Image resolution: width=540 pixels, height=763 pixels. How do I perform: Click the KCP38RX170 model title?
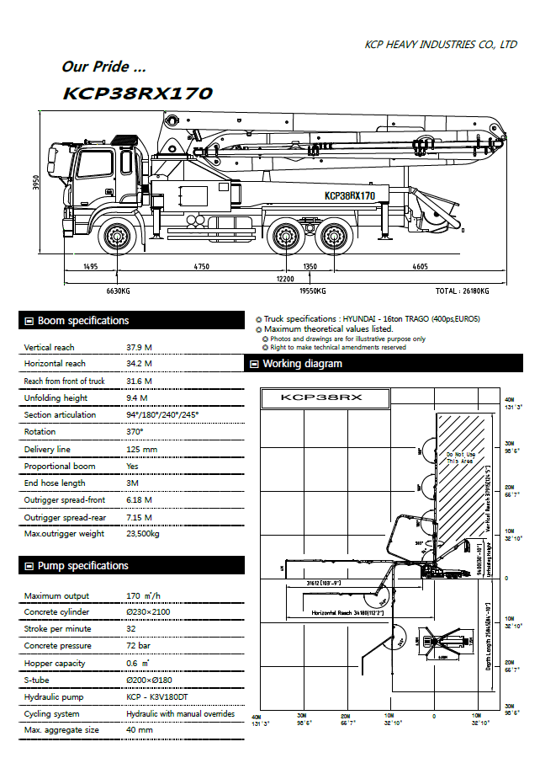click(138, 93)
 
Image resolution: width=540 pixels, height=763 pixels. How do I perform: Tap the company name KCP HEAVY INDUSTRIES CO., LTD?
click(441, 45)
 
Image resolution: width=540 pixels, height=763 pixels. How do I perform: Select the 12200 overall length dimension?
click(286, 278)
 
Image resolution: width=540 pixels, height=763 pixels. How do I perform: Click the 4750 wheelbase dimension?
click(201, 266)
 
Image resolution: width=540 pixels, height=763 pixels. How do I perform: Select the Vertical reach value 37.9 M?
click(138, 347)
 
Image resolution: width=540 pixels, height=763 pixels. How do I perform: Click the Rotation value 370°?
click(135, 432)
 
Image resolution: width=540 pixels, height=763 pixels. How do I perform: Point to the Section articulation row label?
click(60, 415)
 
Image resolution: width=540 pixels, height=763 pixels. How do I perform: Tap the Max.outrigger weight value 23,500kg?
click(143, 534)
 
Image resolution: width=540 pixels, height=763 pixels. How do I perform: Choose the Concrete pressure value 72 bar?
click(138, 646)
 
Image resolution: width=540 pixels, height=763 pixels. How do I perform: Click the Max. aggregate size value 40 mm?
click(140, 730)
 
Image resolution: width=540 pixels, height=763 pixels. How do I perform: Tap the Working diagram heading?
click(302, 364)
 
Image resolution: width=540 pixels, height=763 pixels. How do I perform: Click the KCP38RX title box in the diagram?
click(325, 398)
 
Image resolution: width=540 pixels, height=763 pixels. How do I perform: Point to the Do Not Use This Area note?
click(460, 458)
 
